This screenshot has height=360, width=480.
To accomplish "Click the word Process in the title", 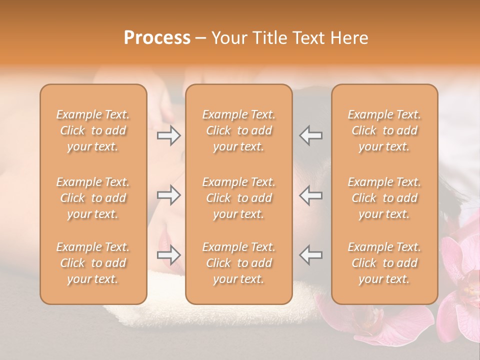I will (157, 38).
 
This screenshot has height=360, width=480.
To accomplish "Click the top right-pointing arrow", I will (168, 135).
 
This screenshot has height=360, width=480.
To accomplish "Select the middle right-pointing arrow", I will (168, 195).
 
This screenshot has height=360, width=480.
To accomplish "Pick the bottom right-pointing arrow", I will (168, 255).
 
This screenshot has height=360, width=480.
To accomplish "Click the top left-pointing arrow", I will (311, 135).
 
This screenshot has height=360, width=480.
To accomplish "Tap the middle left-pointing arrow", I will (311, 195).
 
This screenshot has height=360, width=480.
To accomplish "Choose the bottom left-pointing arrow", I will (311, 255).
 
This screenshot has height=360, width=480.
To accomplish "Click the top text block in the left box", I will (93, 130).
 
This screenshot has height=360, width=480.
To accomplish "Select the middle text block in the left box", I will (93, 198).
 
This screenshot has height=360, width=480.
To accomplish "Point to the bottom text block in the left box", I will (93, 263).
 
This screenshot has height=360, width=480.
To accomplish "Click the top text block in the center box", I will (238, 130).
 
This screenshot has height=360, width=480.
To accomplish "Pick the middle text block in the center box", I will (238, 198).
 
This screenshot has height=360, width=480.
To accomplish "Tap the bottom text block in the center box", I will (238, 263).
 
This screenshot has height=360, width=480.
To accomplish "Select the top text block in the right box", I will (384, 130).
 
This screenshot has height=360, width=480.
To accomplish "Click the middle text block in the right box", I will (384, 198).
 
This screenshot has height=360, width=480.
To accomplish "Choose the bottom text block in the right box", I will (384, 263).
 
